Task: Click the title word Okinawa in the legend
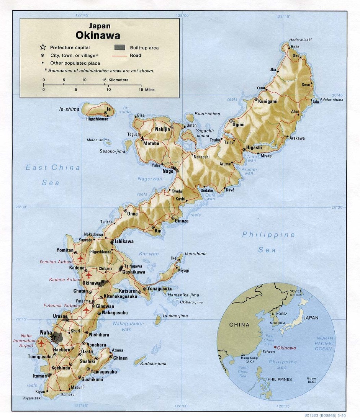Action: pos(98,36)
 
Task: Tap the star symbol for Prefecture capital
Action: pos(43,47)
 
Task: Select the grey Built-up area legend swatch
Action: pos(120,47)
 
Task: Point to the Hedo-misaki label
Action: pos(300,40)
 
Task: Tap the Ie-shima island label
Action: pos(69,109)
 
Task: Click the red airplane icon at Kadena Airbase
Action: pos(89,275)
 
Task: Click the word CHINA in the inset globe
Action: pos(239,325)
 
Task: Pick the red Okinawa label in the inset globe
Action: pos(287,348)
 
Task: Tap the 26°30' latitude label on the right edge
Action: pos(337,207)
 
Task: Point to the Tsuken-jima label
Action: pos(175,316)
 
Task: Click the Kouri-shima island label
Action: pos(207,114)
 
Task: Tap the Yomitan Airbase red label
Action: pos(56,262)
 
